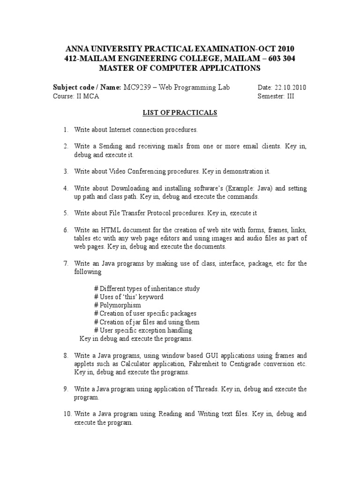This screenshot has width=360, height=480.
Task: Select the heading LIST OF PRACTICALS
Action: point(180,112)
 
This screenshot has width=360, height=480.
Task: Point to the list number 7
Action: point(66,264)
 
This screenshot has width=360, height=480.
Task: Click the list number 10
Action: point(67,414)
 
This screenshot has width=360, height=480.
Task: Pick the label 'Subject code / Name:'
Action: point(87,88)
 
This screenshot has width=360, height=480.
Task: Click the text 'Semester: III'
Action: point(276,96)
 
